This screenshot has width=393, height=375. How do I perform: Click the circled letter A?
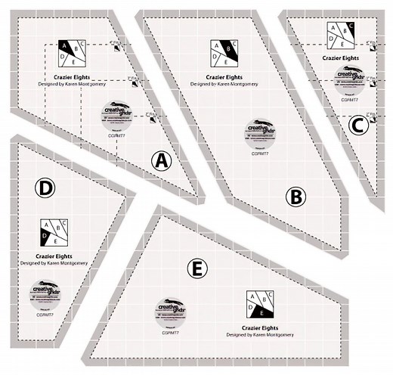161,160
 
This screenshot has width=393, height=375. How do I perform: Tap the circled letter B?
296,198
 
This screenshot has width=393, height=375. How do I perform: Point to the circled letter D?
46,186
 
